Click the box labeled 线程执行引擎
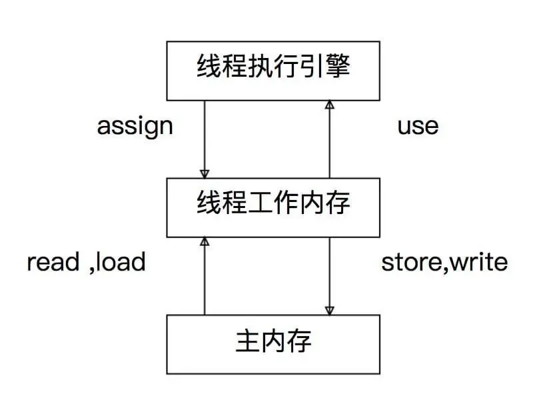(273, 71)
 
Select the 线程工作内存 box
(273, 207)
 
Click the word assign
(135, 126)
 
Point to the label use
(418, 126)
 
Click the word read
(53, 262)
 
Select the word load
(121, 262)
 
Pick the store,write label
(444, 262)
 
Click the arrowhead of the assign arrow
(205, 173)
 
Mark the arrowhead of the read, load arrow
(205, 242)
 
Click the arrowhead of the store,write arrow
(329, 309)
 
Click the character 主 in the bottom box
(247, 342)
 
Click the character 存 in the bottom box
(300, 342)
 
